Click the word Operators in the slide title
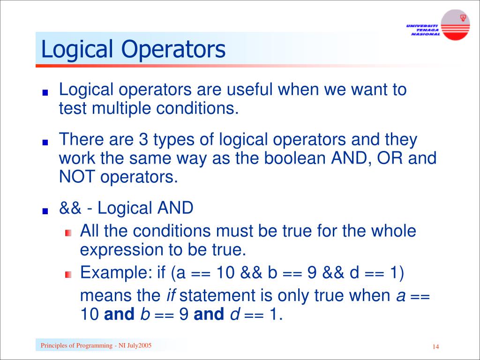click(174, 50)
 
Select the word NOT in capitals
click(75, 177)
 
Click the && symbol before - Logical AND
click(70, 208)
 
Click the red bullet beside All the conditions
click(68, 233)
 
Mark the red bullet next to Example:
click(68, 274)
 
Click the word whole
click(393, 231)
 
